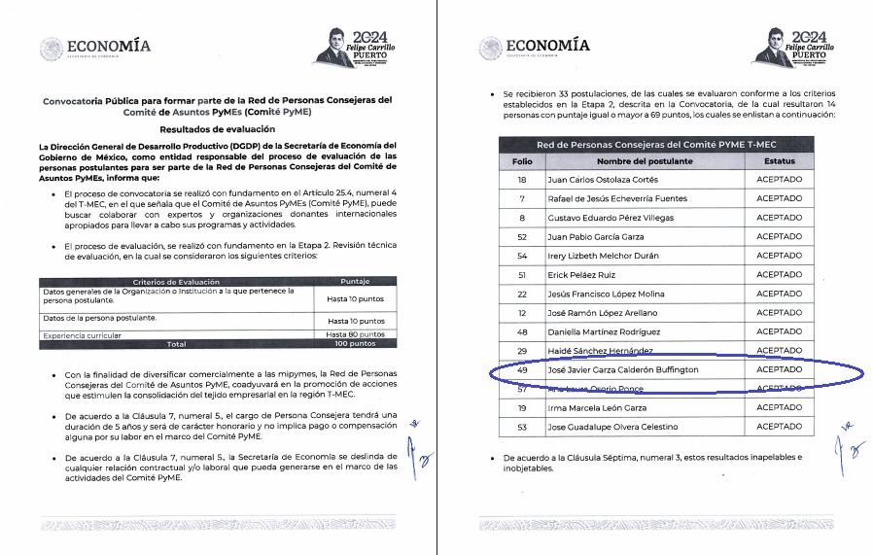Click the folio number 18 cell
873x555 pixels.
(x=522, y=180)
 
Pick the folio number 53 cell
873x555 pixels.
(x=522, y=427)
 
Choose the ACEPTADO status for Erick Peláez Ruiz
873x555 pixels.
(x=779, y=274)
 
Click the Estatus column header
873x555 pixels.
(x=779, y=160)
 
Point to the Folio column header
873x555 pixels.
(x=522, y=160)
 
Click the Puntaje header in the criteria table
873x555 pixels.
(x=355, y=282)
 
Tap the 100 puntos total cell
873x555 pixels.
(x=355, y=344)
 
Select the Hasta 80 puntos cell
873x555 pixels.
(x=355, y=334)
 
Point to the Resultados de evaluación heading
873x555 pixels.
(x=217, y=128)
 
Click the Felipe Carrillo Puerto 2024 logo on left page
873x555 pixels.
(x=358, y=46)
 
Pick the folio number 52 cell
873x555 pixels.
(x=522, y=236)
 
